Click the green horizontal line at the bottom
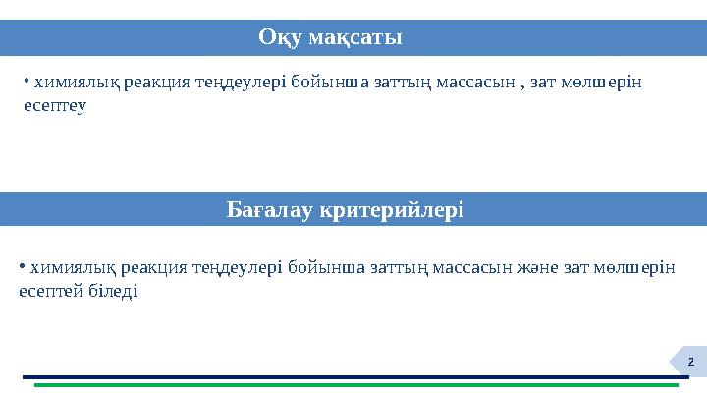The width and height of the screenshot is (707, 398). click(x=353, y=385)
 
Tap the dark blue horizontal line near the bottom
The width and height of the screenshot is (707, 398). click(x=353, y=376)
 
